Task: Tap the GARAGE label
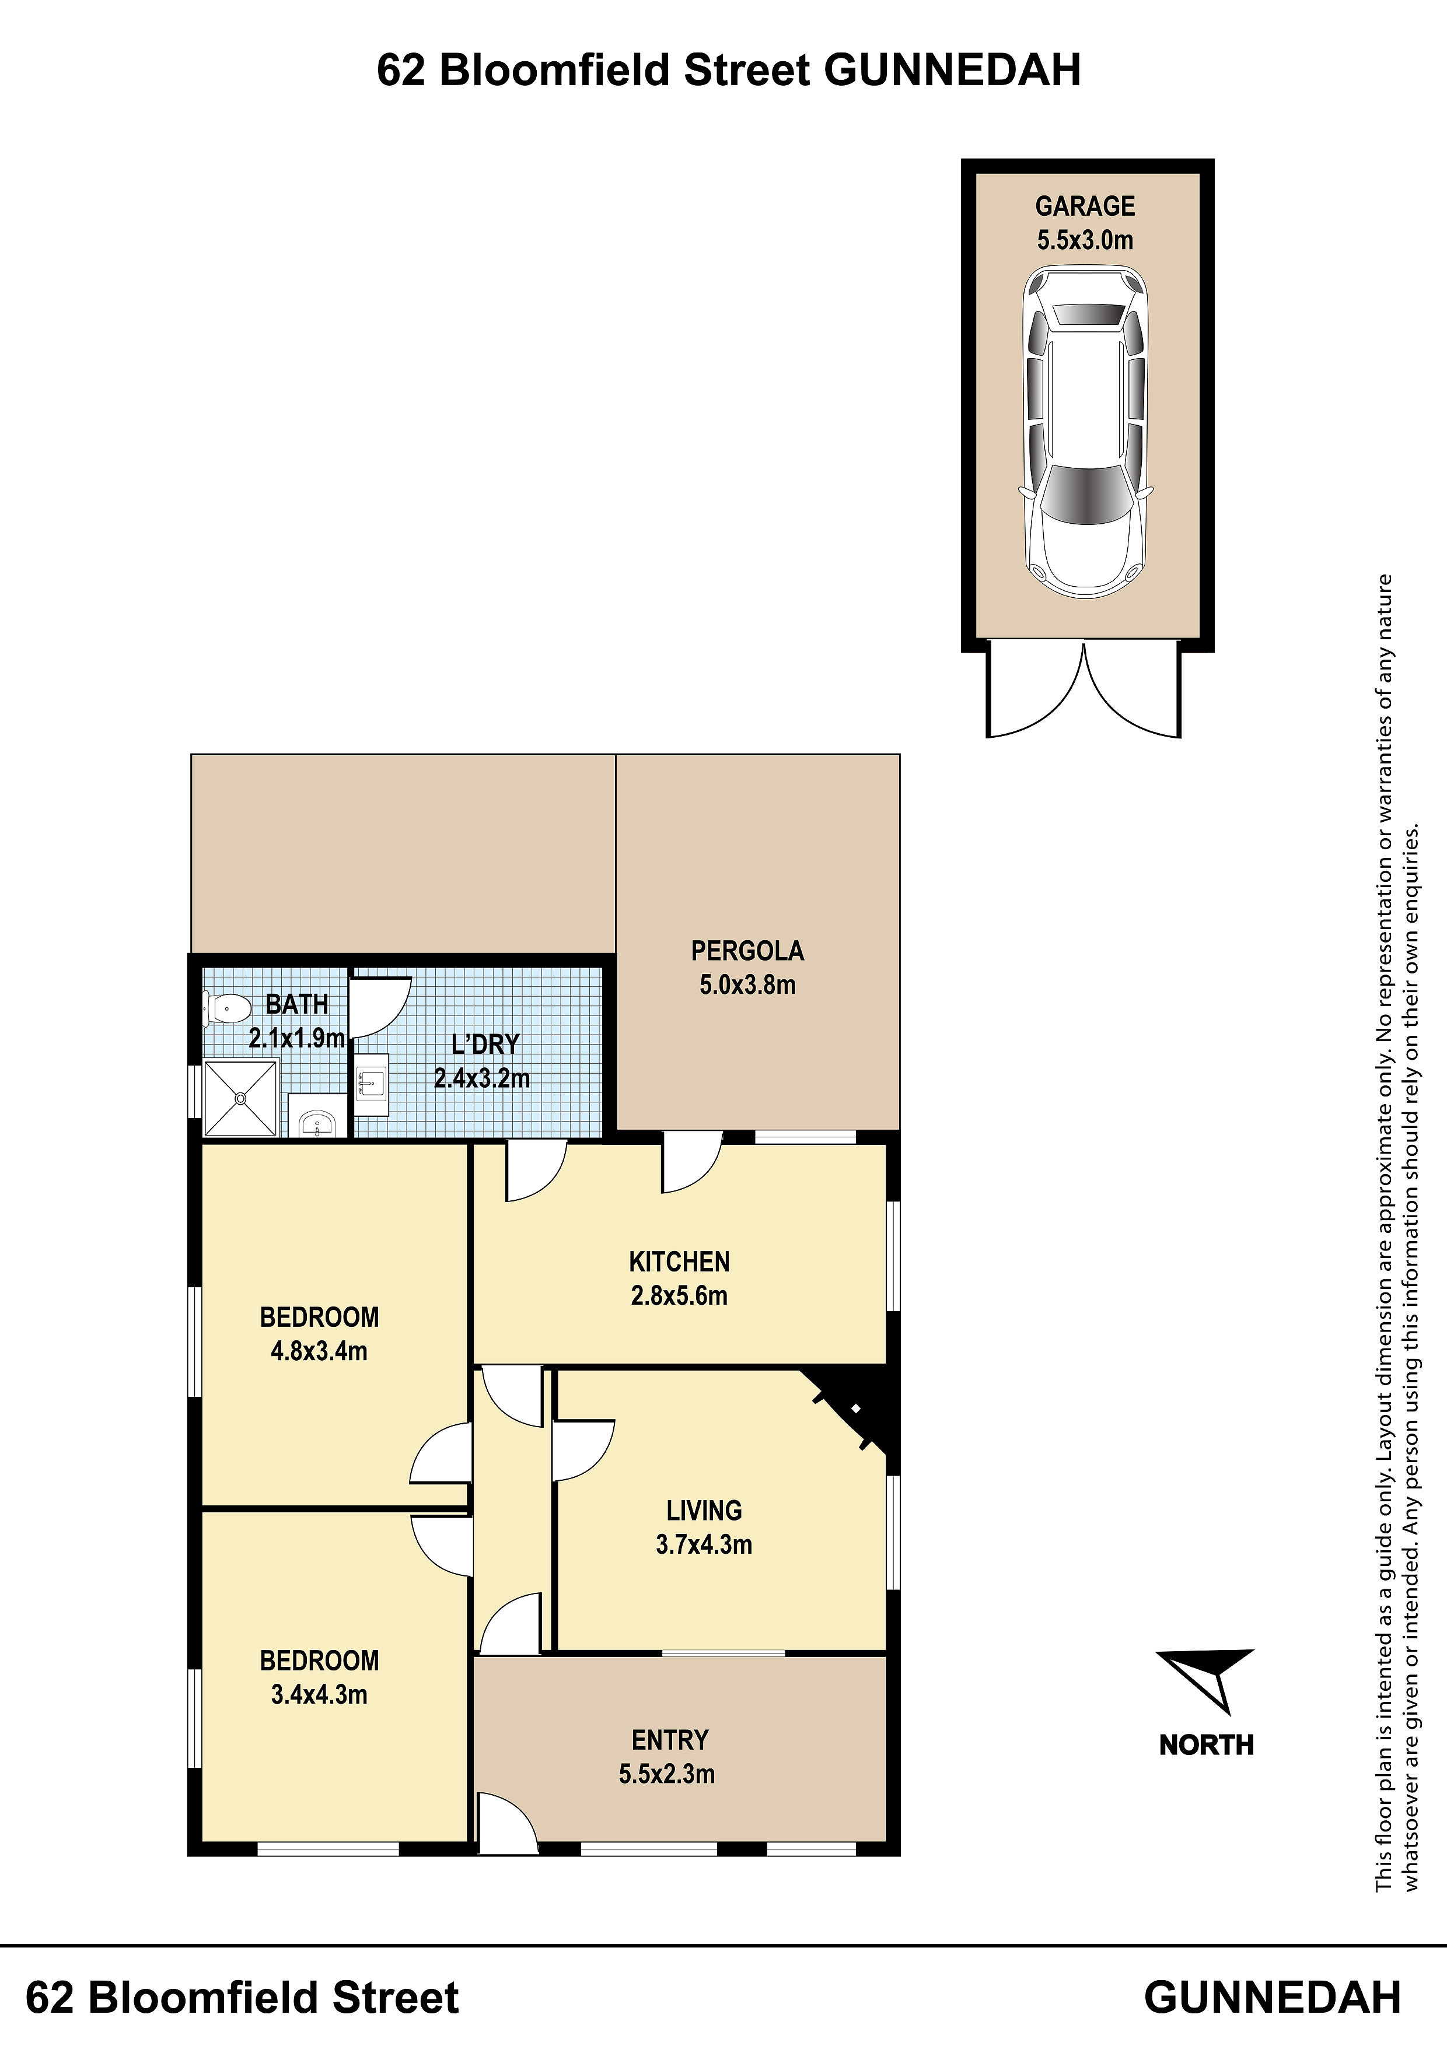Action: pyautogui.click(x=1085, y=206)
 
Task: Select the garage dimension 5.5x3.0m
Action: pyautogui.click(x=1085, y=240)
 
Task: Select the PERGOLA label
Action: pyautogui.click(x=747, y=951)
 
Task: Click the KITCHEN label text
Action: pyautogui.click(x=679, y=1262)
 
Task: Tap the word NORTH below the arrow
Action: pyautogui.click(x=1206, y=1745)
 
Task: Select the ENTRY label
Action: pyautogui.click(x=670, y=1739)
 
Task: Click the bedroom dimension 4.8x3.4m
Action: pyautogui.click(x=319, y=1351)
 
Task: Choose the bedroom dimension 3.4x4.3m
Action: pyautogui.click(x=319, y=1694)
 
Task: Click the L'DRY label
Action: pyautogui.click(x=485, y=1045)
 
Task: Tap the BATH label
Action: pyautogui.click(x=297, y=1004)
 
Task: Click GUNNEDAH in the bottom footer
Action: pyautogui.click(x=1273, y=1997)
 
